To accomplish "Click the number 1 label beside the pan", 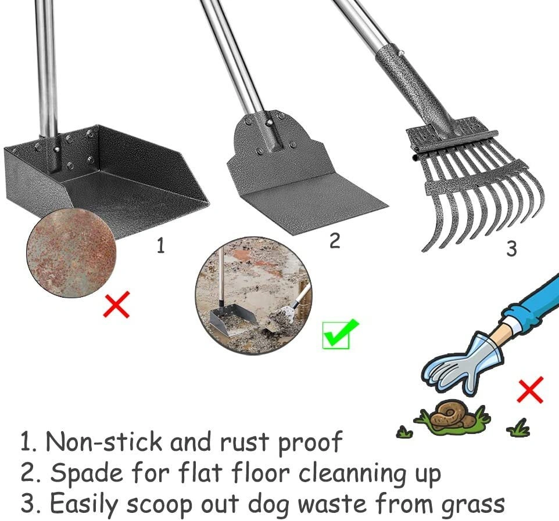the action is coord(161,245).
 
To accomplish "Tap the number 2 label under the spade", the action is coord(334,241).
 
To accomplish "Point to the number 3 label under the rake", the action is coord(511,249).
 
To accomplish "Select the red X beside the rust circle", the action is coord(116,304).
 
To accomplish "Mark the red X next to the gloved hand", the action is coord(530,390).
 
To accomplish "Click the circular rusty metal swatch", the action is coord(71,254).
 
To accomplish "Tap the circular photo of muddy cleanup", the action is coord(253,295).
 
